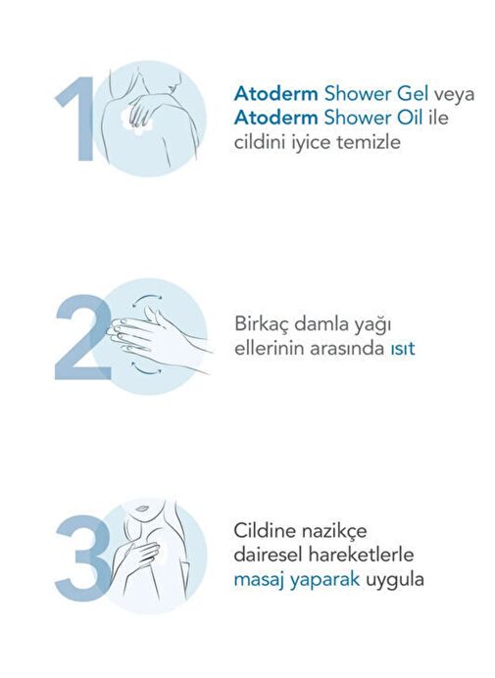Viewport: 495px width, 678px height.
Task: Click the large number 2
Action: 83,337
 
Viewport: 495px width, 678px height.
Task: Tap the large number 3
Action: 83,557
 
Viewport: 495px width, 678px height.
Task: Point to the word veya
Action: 454,96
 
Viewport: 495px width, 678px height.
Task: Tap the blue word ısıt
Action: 403,349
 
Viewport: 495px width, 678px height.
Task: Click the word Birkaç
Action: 261,324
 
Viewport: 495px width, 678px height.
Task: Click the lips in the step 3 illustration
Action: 140,508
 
